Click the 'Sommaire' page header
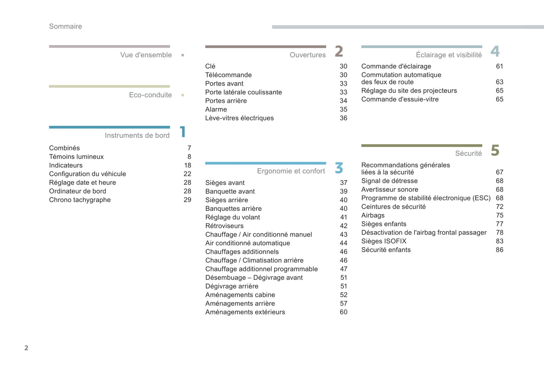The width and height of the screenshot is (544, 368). [x=66, y=26]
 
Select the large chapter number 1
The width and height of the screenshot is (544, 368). [x=183, y=132]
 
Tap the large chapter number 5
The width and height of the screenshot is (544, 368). [x=495, y=151]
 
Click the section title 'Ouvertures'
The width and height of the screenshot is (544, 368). [x=308, y=55]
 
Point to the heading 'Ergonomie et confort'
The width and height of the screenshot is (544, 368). [x=291, y=171]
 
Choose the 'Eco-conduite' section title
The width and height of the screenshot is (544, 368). [x=150, y=95]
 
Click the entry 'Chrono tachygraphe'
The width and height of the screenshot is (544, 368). [x=80, y=200]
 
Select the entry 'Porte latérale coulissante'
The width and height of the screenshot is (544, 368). [x=243, y=92]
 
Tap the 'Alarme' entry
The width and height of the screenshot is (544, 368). [x=216, y=110]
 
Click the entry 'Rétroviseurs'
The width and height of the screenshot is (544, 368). [x=224, y=226]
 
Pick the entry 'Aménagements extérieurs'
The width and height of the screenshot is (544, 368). [x=245, y=312]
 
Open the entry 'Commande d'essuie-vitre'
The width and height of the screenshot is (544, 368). [x=400, y=99]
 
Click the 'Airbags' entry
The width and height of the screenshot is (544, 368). [x=373, y=215]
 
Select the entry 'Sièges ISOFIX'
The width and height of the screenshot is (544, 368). [x=384, y=241]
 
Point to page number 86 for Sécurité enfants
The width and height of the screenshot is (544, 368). [x=499, y=250]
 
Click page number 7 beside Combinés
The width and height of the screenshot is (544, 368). [x=189, y=148]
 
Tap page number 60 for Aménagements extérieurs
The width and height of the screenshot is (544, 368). [x=343, y=312]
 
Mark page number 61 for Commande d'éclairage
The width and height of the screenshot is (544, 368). [x=499, y=66]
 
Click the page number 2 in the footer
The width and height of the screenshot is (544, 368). [x=26, y=348]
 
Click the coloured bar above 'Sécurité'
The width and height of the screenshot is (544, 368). [x=421, y=145]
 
